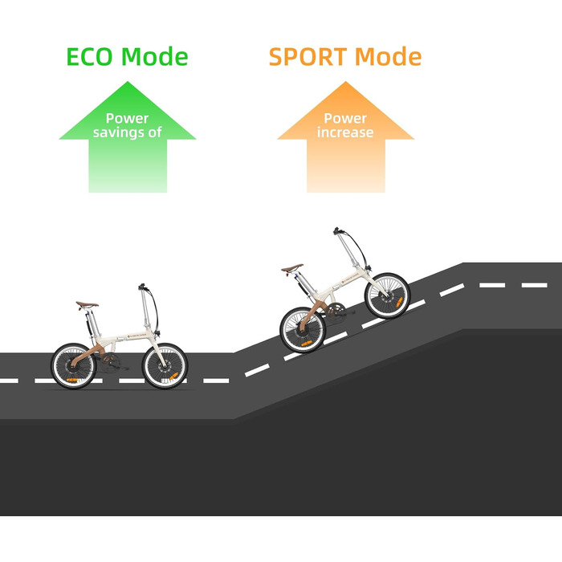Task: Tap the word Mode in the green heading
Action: (x=154, y=58)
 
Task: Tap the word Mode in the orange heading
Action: (x=388, y=58)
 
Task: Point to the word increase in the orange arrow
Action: (x=345, y=132)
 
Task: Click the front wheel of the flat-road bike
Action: (x=165, y=366)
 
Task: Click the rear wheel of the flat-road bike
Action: (x=75, y=366)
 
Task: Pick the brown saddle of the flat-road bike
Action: (x=88, y=305)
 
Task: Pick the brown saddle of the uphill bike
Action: (x=293, y=267)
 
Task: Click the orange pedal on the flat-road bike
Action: (x=71, y=377)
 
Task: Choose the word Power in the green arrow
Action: (x=127, y=119)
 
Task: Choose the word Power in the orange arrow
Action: (x=345, y=119)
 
